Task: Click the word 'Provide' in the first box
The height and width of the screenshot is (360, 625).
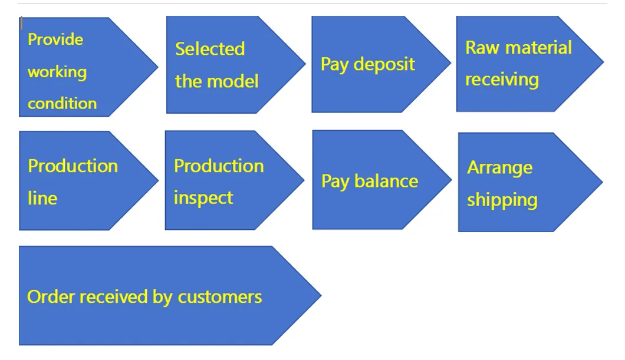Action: click(55, 40)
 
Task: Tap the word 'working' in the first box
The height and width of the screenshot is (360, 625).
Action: click(57, 72)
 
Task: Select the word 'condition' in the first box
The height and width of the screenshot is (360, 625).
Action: click(62, 104)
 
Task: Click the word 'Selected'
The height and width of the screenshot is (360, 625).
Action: click(210, 49)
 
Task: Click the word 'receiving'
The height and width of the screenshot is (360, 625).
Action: click(502, 80)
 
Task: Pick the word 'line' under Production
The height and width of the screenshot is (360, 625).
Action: click(42, 198)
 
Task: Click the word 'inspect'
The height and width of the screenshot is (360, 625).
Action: click(203, 198)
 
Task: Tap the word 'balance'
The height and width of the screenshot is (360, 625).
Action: click(386, 181)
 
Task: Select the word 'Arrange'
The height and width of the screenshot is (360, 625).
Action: click(499, 168)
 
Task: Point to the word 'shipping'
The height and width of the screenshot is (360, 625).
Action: click(502, 200)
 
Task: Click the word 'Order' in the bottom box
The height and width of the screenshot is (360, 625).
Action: click(51, 296)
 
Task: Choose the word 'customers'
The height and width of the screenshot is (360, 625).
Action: click(220, 296)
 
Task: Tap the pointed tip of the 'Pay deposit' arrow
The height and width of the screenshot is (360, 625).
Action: click(450, 64)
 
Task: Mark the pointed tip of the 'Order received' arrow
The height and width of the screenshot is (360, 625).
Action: click(320, 296)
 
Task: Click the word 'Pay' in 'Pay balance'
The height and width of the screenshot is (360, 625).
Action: click(335, 181)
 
